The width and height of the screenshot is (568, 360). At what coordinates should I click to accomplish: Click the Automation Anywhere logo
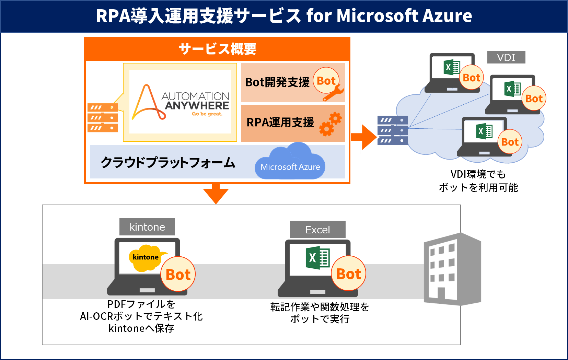pos(180,102)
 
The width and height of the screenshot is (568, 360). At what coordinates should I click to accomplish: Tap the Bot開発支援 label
pos(277,82)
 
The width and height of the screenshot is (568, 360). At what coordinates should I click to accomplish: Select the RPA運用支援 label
pos(280,123)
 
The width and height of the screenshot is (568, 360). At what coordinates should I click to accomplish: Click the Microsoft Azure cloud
pos(290,163)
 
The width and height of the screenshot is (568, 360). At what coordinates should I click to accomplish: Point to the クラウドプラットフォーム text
pos(168,162)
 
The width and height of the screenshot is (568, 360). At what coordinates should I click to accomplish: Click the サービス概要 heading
pos(217,49)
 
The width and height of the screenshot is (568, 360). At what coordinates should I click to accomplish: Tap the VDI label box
pos(506,58)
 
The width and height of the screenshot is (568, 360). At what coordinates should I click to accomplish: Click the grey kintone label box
pos(147,227)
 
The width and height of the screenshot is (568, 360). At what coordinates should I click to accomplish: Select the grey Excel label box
pos(317,230)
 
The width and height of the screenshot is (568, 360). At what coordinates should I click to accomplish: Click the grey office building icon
pos(452,269)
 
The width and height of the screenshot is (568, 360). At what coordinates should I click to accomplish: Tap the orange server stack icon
pos(103,118)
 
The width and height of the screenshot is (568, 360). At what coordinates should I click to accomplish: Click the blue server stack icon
pos(393,130)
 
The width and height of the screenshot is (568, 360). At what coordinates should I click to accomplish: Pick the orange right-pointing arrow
pos(364,137)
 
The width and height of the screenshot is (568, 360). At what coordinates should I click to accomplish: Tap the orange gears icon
pos(331,124)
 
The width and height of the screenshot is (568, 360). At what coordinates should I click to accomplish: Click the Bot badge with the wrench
pos(326,81)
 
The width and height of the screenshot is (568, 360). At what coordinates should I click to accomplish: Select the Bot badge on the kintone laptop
pos(178,274)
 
